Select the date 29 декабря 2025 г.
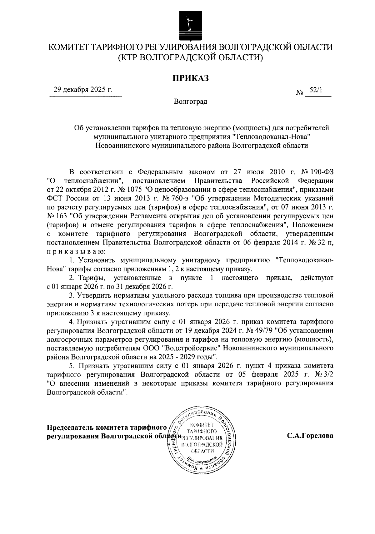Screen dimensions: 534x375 [x=83, y=90]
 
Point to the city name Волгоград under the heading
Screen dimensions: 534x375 [x=190, y=102]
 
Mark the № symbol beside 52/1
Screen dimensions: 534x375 [x=299, y=93]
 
